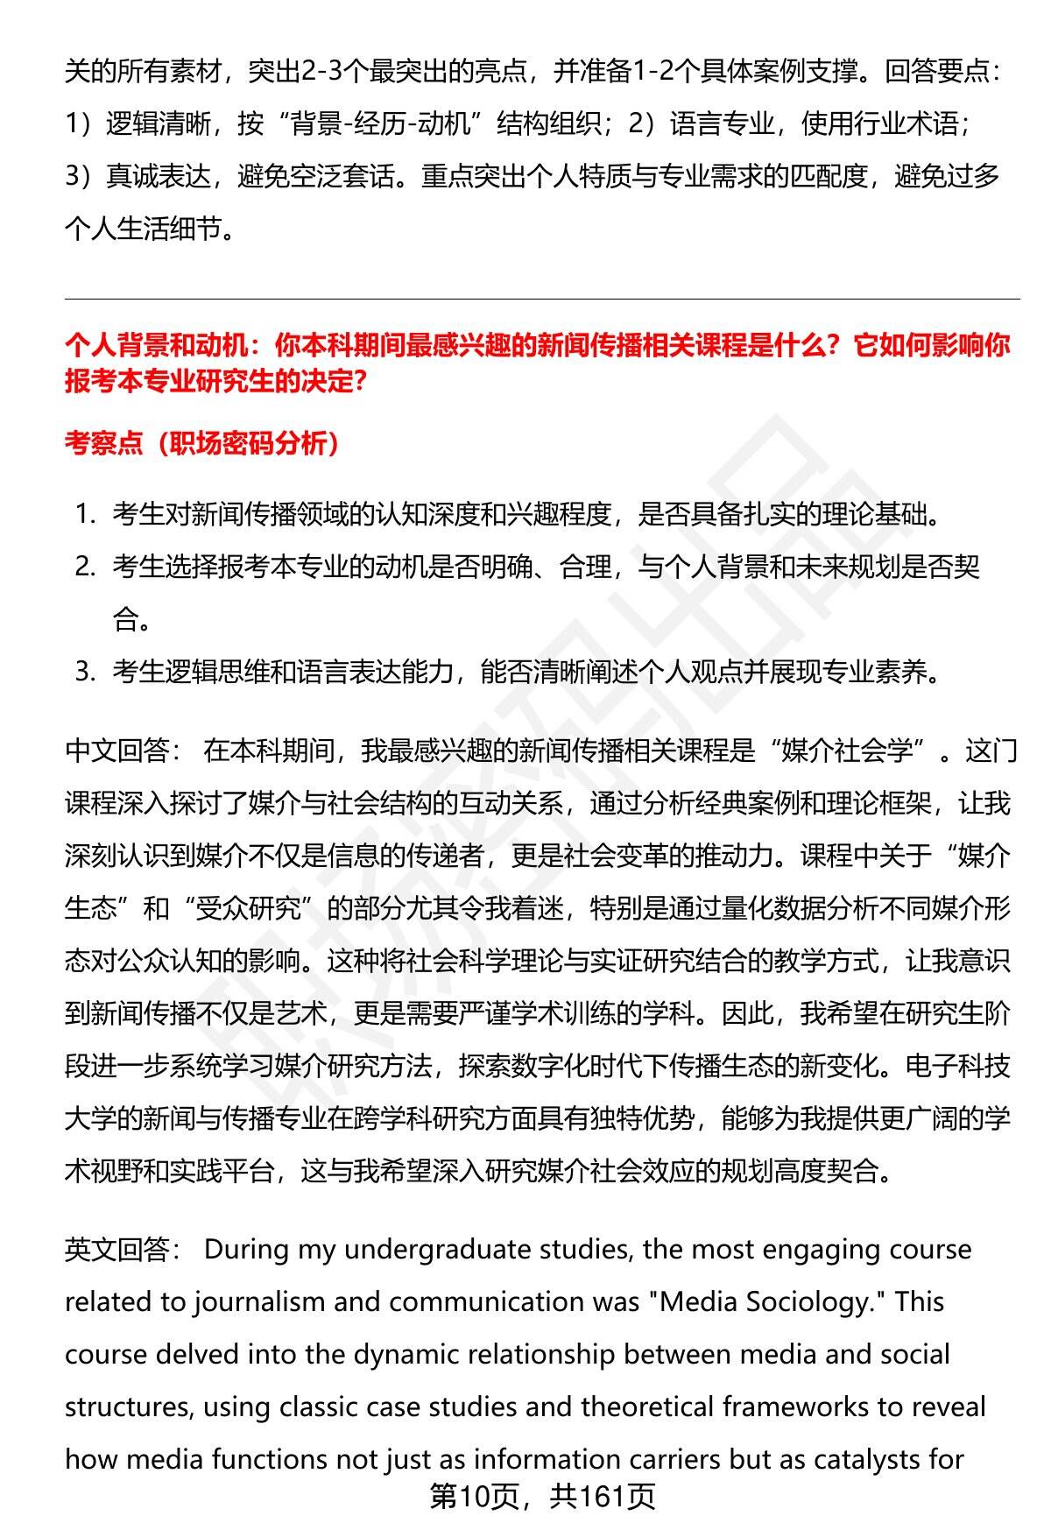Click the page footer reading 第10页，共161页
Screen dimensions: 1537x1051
(x=542, y=1497)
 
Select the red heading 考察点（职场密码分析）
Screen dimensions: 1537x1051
(x=201, y=444)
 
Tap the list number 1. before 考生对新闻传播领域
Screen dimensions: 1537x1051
(x=84, y=514)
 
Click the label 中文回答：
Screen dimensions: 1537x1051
(x=123, y=751)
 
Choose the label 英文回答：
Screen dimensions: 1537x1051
(x=123, y=1249)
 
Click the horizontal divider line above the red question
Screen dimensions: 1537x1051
(x=542, y=300)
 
